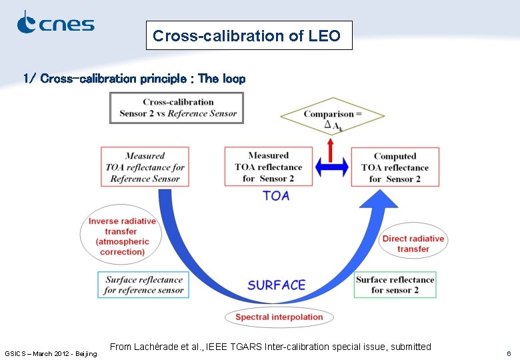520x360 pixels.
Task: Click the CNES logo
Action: point(55,23)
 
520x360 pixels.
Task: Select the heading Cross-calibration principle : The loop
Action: point(134,79)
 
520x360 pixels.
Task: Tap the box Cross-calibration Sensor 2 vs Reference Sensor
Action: point(177,108)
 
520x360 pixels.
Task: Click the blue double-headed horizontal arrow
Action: point(332,167)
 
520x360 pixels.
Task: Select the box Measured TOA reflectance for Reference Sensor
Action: point(145,167)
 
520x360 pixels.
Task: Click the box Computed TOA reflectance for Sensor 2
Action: point(395,167)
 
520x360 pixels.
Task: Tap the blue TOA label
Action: point(276,195)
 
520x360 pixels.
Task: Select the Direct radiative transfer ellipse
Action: point(413,243)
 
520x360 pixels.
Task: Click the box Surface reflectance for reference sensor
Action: point(143,285)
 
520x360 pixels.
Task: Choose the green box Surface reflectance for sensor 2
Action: point(395,285)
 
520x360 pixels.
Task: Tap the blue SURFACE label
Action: point(276,285)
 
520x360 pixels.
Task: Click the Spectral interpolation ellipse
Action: point(279,317)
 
